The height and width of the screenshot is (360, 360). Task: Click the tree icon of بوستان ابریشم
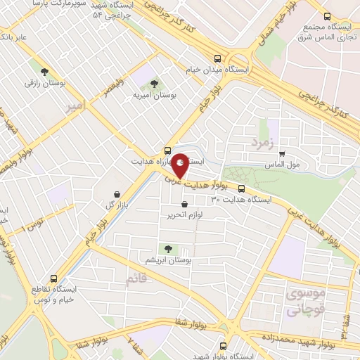point(167,248)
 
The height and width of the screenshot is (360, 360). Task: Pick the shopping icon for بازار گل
point(116,193)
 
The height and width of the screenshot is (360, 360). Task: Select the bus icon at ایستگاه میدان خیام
point(217,60)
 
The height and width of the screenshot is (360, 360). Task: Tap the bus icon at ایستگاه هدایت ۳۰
point(241,188)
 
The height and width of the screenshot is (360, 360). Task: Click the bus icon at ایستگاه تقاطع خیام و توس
point(54,278)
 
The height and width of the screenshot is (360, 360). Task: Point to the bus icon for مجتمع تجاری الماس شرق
point(326,17)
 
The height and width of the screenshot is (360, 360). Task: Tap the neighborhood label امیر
point(75,105)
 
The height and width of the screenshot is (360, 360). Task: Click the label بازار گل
point(99,205)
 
